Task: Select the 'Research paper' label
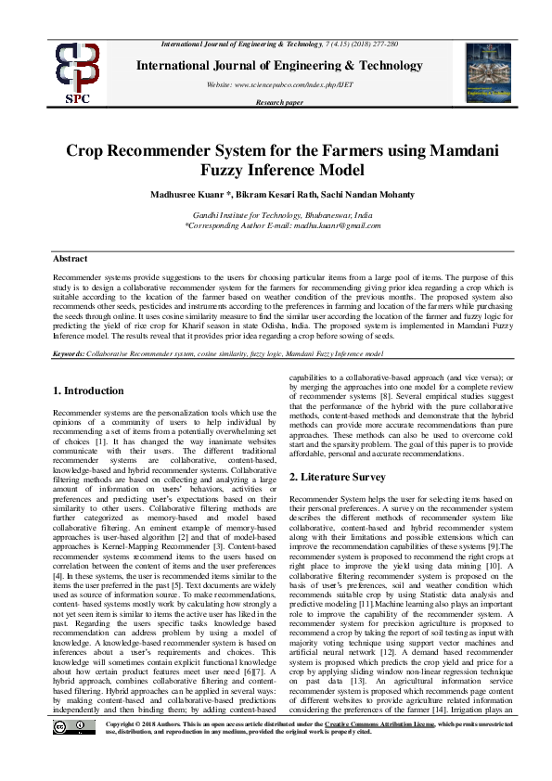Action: coord(279,102)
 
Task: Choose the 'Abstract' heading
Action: coord(71,259)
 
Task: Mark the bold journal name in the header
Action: coord(279,66)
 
